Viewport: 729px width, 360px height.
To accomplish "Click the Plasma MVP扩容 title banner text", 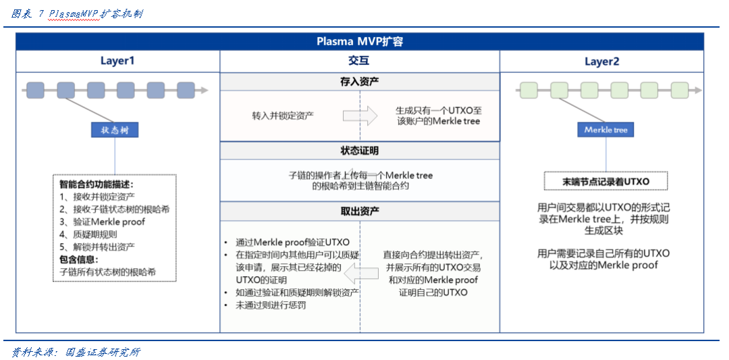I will click(x=360, y=41).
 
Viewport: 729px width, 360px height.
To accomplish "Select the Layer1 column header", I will click(x=117, y=61).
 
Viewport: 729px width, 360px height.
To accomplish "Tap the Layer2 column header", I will click(x=601, y=61).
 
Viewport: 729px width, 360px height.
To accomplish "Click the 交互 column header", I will click(x=359, y=61).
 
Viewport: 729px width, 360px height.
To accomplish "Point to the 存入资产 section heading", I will click(x=359, y=81).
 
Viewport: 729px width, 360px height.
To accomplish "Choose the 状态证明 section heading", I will click(x=359, y=150).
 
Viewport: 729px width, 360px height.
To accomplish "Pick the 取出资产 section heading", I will click(x=359, y=211).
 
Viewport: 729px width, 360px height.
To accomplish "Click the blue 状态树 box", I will click(x=115, y=130).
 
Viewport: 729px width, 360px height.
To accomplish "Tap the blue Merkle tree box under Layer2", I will click(x=605, y=130).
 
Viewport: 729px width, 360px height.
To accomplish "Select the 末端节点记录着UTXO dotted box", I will click(x=605, y=182).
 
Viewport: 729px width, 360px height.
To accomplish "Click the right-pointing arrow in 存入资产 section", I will click(x=360, y=115).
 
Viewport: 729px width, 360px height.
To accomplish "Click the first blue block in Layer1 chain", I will click(x=35, y=90).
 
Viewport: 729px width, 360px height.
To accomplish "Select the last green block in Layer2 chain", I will click(x=679, y=90).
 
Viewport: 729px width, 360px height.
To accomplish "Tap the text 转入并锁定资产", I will click(x=282, y=115).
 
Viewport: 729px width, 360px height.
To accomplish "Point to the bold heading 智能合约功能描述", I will click(x=96, y=184).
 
